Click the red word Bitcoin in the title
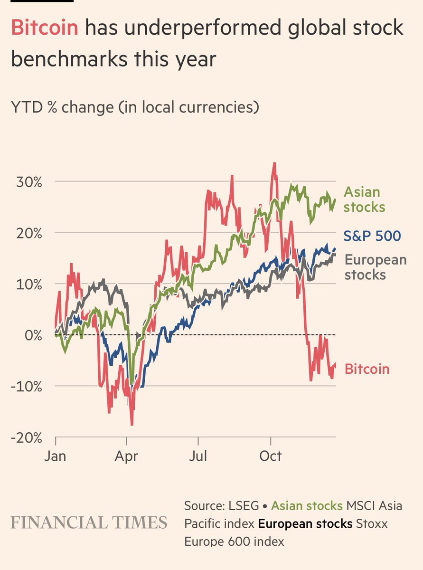[x=45, y=28]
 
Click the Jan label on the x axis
[x=55, y=456]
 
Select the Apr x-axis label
[x=126, y=456]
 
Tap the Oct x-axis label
[x=270, y=456]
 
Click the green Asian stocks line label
[x=364, y=199]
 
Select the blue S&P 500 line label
[x=372, y=236]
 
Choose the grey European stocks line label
[x=375, y=267]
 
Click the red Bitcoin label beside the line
[x=367, y=369]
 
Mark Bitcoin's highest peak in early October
[x=274, y=163]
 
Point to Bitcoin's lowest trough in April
[x=132, y=424]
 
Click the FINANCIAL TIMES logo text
[x=89, y=522]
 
